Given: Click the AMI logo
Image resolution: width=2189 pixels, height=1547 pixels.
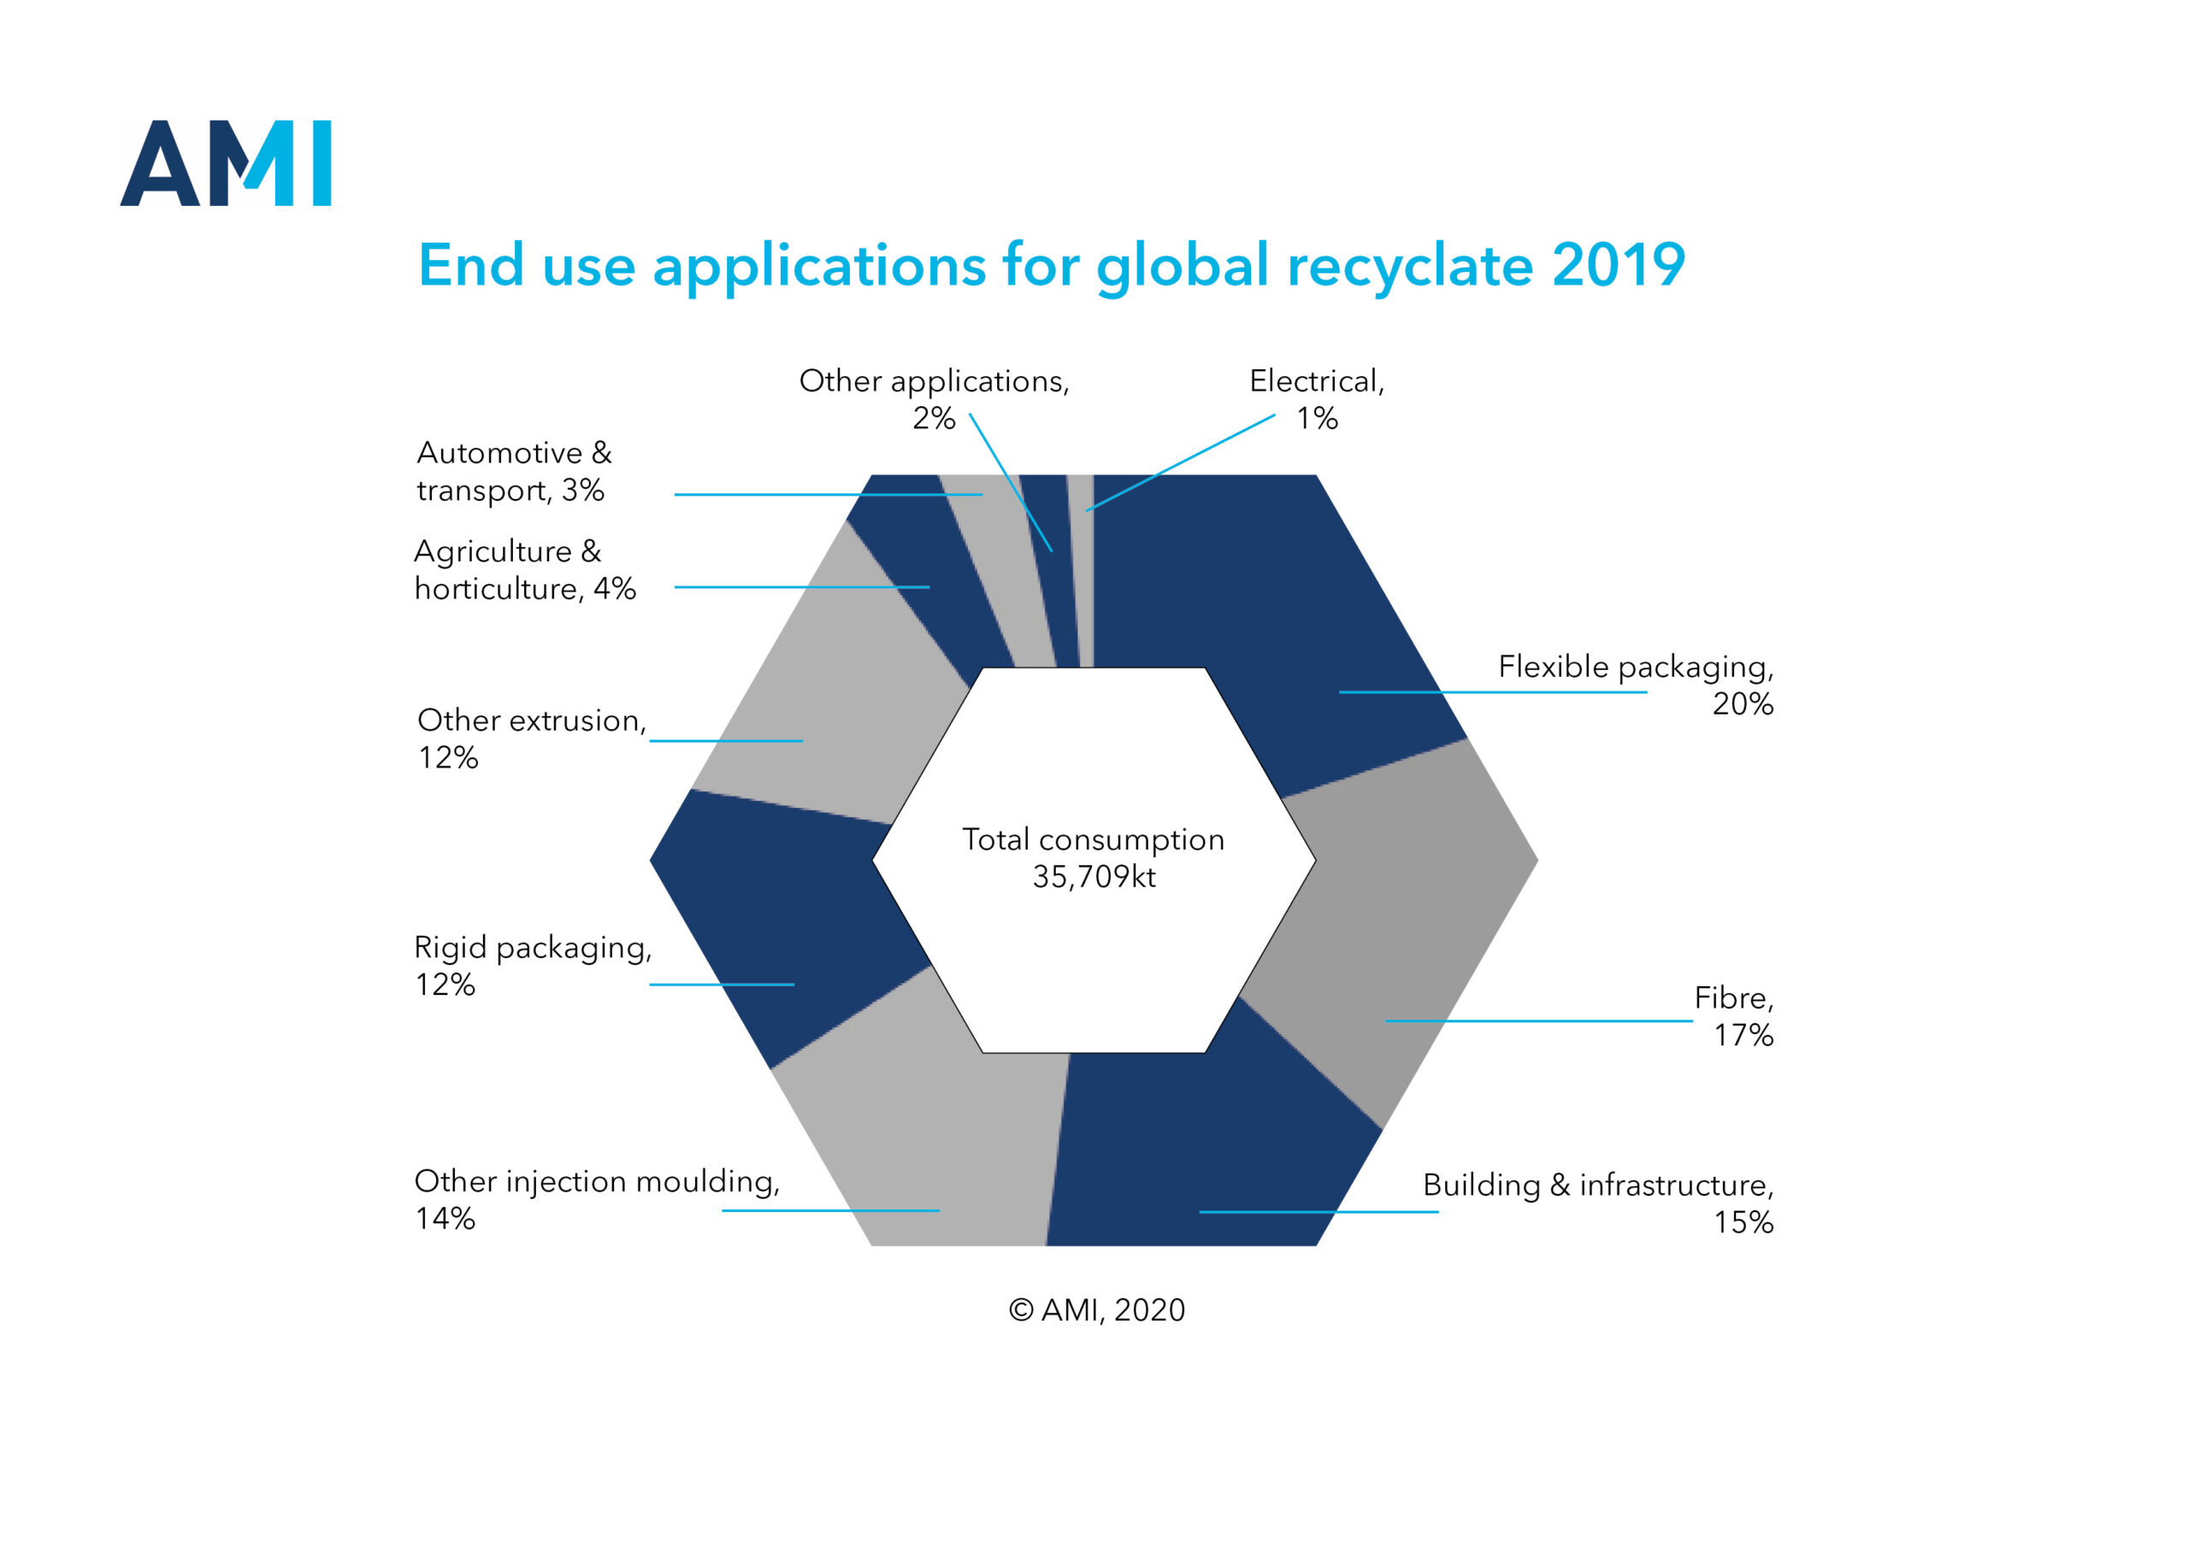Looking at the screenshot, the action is click(x=225, y=163).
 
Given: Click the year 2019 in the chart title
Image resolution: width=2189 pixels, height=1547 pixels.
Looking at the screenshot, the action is click(x=1618, y=265).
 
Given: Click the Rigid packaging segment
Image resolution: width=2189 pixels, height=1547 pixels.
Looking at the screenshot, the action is click(x=782, y=915).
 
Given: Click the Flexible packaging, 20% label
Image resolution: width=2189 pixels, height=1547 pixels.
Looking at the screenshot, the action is click(x=1635, y=685).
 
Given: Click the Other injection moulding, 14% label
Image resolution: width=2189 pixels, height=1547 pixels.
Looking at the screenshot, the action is click(x=597, y=1199).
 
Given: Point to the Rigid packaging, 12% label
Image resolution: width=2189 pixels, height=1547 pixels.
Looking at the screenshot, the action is click(x=533, y=965).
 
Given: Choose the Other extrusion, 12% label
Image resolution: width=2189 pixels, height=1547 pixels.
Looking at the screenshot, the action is click(x=532, y=738).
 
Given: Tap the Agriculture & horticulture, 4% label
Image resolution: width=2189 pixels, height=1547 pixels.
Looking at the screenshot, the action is click(x=524, y=569).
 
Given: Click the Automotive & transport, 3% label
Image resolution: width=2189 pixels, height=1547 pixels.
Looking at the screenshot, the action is click(x=514, y=471).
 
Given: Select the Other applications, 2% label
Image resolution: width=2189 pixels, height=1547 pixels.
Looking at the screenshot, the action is click(x=935, y=398).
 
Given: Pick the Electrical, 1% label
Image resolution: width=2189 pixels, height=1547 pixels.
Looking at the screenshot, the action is click(x=1317, y=398).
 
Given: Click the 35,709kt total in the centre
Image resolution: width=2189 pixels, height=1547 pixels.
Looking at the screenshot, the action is click(x=1094, y=876).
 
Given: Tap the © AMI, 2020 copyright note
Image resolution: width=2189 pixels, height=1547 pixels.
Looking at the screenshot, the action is click(x=1096, y=1309).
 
